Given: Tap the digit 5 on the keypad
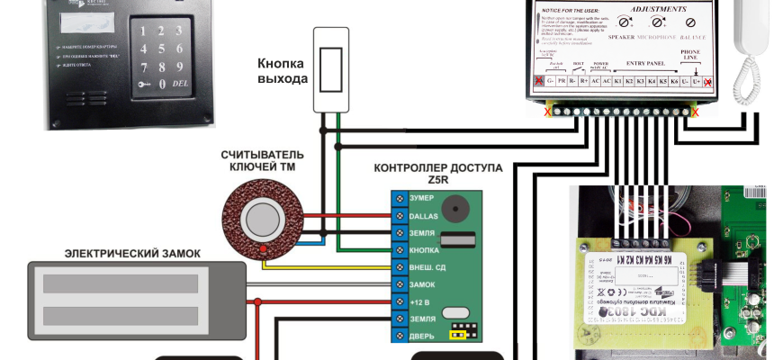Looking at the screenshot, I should [x=162, y=47].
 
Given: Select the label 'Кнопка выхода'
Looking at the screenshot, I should [x=281, y=71].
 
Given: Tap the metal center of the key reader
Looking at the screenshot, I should [x=263, y=218].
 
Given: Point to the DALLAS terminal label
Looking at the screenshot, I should [x=423, y=216].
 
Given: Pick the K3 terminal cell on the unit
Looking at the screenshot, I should [x=640, y=80].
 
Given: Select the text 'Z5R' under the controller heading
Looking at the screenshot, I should [x=439, y=179].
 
